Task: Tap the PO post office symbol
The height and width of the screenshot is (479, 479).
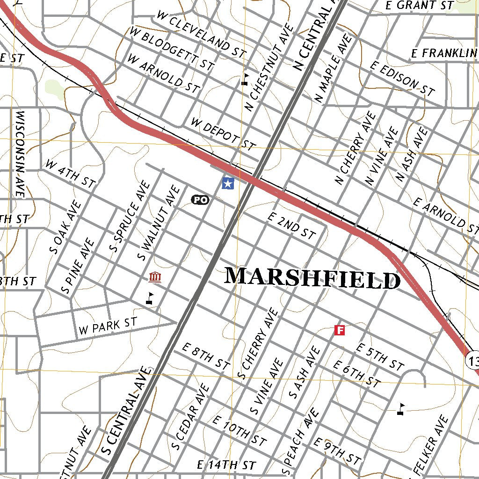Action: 200,200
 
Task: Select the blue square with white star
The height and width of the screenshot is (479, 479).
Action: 228,183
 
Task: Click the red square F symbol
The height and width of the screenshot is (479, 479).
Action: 340,331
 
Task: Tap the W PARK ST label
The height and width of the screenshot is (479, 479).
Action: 108,326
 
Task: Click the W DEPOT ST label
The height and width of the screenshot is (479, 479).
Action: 224,134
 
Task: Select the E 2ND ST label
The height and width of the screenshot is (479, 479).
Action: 291,225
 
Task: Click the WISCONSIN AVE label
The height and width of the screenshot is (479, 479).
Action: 20,154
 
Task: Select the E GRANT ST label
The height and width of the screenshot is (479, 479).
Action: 420,6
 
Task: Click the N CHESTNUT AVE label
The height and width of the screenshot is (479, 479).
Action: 269,68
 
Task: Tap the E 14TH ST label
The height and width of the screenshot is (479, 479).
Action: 226,465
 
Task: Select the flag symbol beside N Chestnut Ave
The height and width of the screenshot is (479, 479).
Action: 245,79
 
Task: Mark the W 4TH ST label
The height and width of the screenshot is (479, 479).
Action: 70,173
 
